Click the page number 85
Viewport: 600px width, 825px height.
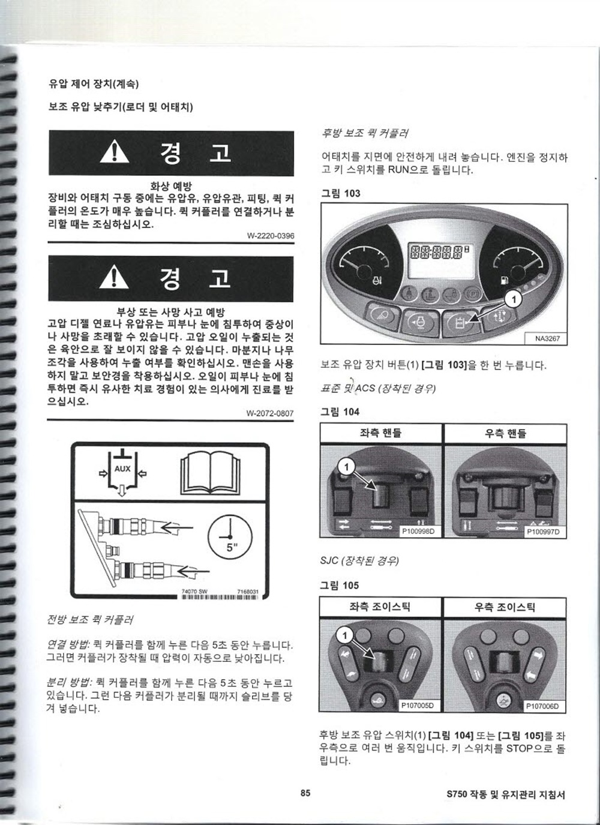(305, 792)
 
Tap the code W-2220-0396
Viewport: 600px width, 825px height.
(271, 236)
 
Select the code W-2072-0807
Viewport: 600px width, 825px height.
(270, 413)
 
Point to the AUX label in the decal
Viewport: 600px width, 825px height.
(122, 469)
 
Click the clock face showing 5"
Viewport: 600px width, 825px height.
(230, 537)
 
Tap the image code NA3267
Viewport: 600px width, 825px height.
(547, 338)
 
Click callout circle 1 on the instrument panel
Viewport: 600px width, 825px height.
(514, 299)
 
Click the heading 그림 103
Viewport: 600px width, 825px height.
(341, 193)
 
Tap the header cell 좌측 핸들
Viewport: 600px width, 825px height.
(380, 433)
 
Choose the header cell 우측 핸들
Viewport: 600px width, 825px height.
(505, 433)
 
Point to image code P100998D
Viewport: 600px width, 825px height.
(418, 532)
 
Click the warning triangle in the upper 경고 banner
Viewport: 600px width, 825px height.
(115, 152)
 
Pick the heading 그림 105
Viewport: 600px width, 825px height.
(339, 585)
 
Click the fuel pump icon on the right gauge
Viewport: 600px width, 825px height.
(503, 280)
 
